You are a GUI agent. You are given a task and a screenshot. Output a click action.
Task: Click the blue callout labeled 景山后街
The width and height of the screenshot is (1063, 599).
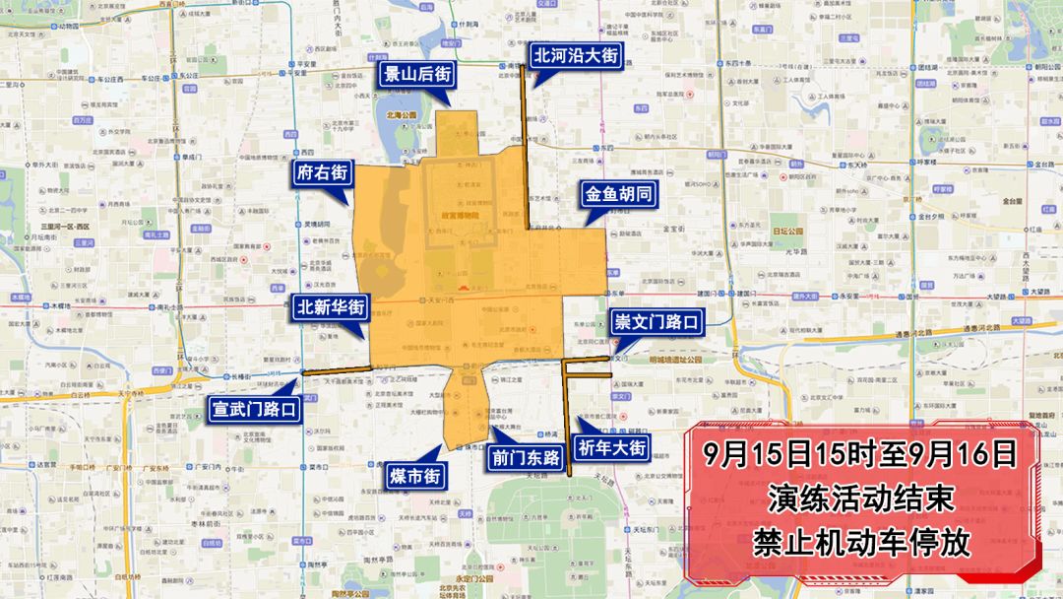[417, 74]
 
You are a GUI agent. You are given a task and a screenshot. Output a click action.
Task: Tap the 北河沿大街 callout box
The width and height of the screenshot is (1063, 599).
[576, 56]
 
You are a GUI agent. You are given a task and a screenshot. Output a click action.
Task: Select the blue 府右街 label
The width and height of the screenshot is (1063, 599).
[322, 173]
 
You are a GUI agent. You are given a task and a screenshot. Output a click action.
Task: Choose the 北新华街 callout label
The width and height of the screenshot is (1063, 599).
[332, 307]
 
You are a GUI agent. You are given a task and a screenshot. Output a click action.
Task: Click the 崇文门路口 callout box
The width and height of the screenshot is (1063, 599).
[657, 322]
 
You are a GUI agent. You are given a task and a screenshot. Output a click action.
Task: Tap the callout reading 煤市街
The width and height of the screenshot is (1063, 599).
[414, 477]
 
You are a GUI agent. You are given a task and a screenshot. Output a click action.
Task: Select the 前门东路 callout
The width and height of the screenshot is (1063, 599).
[526, 457]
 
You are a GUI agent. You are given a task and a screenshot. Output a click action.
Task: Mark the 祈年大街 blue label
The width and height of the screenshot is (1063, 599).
[612, 448]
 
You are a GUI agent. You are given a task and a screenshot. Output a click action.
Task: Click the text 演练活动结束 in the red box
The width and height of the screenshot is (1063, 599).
[861, 499]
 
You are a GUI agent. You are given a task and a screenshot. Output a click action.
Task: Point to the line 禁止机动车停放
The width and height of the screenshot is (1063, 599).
[861, 542]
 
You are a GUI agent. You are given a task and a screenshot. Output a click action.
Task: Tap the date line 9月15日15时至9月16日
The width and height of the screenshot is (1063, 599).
[861, 454]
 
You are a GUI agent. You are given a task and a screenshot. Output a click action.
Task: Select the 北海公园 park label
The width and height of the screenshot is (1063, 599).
[402, 115]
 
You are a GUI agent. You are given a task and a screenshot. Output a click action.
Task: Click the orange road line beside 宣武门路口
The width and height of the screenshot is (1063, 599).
[335, 369]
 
